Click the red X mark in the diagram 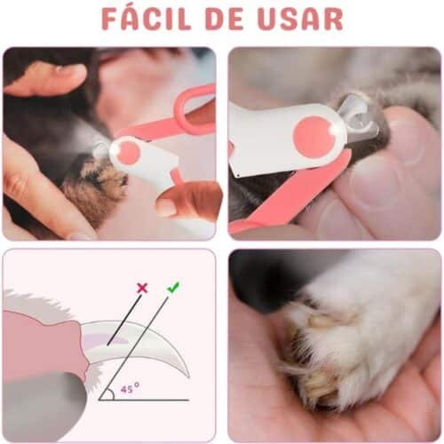[141, 288]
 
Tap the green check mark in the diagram [172, 287]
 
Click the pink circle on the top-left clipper [130, 152]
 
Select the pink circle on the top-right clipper [312, 134]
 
